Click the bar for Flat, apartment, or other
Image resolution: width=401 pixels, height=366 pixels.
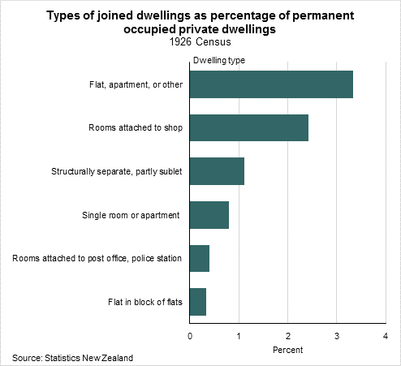click(271, 84)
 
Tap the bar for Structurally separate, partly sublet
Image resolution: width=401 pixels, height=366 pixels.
click(217, 171)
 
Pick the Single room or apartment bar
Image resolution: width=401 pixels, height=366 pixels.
click(209, 215)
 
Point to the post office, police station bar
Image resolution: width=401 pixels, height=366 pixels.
click(200, 259)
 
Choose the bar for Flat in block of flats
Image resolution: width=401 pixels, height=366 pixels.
click(198, 302)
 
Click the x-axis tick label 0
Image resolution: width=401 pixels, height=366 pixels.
click(190, 336)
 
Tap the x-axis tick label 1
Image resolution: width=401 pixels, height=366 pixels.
click(239, 336)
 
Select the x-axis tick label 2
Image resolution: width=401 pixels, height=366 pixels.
click(288, 336)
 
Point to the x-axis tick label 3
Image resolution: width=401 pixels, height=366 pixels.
click(337, 336)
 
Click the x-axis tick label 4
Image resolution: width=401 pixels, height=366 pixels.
click(386, 336)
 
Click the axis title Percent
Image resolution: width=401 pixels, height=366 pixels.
click(287, 350)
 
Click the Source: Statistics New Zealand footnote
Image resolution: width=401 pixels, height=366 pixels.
click(72, 358)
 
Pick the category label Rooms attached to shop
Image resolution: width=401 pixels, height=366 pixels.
click(136, 128)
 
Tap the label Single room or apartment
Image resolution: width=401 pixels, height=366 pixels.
click(131, 215)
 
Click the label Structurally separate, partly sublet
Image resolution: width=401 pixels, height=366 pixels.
click(117, 172)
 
